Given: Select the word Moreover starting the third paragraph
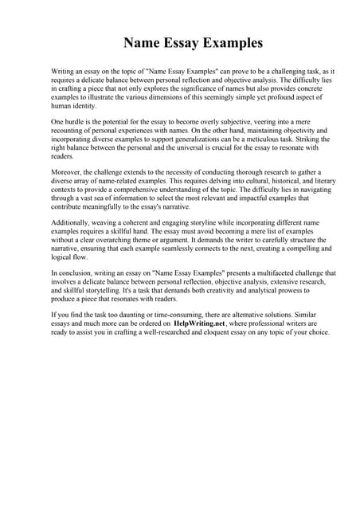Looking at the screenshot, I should [x=68, y=172].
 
